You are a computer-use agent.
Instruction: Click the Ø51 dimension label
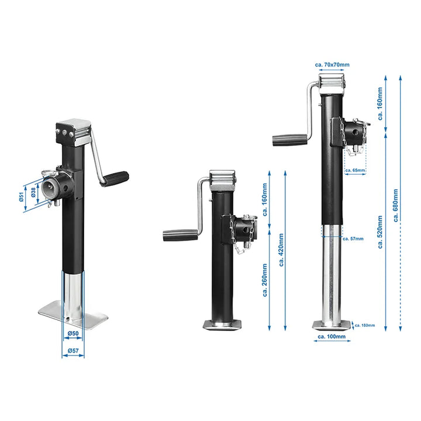click(x=22, y=197)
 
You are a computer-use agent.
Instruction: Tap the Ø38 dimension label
click(x=33, y=192)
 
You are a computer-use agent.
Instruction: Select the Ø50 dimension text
click(x=73, y=333)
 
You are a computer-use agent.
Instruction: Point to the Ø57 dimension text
click(x=73, y=350)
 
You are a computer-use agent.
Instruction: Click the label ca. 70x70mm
click(x=332, y=64)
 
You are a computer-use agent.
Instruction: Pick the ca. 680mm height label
click(x=395, y=205)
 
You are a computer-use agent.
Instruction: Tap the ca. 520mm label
click(x=380, y=232)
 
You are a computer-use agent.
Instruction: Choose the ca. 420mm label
click(x=281, y=250)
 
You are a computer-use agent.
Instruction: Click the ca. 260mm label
click(x=265, y=280)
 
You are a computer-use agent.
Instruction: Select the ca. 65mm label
click(x=356, y=170)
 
